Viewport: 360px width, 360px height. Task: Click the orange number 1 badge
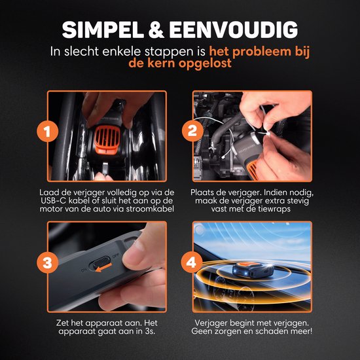[47, 132]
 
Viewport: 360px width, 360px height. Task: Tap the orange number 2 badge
[192, 131]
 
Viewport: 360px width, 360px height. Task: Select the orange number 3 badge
[47, 262]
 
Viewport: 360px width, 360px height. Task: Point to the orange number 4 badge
[192, 262]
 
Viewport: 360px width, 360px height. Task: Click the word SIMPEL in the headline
[103, 30]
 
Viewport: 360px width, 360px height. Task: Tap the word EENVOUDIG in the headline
[234, 30]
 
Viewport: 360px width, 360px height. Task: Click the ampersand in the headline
[156, 30]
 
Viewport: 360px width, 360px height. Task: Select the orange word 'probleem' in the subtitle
[262, 52]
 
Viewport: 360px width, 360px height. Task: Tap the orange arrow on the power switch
[103, 268]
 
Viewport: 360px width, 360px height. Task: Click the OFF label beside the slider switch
[115, 255]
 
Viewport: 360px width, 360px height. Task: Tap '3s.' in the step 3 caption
[149, 331]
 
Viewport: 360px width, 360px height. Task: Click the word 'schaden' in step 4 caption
[273, 331]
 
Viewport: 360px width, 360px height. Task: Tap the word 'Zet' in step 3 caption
[62, 323]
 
